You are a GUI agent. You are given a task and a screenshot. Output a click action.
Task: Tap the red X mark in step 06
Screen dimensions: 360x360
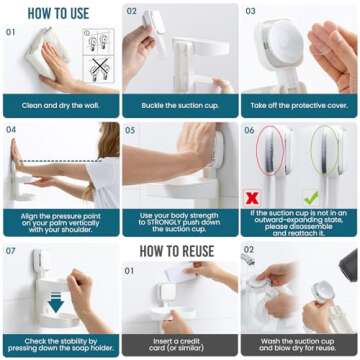click(253, 198)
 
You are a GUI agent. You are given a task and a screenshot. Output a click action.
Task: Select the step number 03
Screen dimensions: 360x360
click(251, 12)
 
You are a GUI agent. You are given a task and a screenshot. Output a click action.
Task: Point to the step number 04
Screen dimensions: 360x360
click(12, 129)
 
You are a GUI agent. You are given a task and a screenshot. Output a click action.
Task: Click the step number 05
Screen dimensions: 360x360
click(132, 129)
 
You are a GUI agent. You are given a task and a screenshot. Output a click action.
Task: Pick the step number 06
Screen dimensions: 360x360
click(251, 129)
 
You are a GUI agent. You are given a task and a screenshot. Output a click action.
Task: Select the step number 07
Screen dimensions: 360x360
click(12, 250)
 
